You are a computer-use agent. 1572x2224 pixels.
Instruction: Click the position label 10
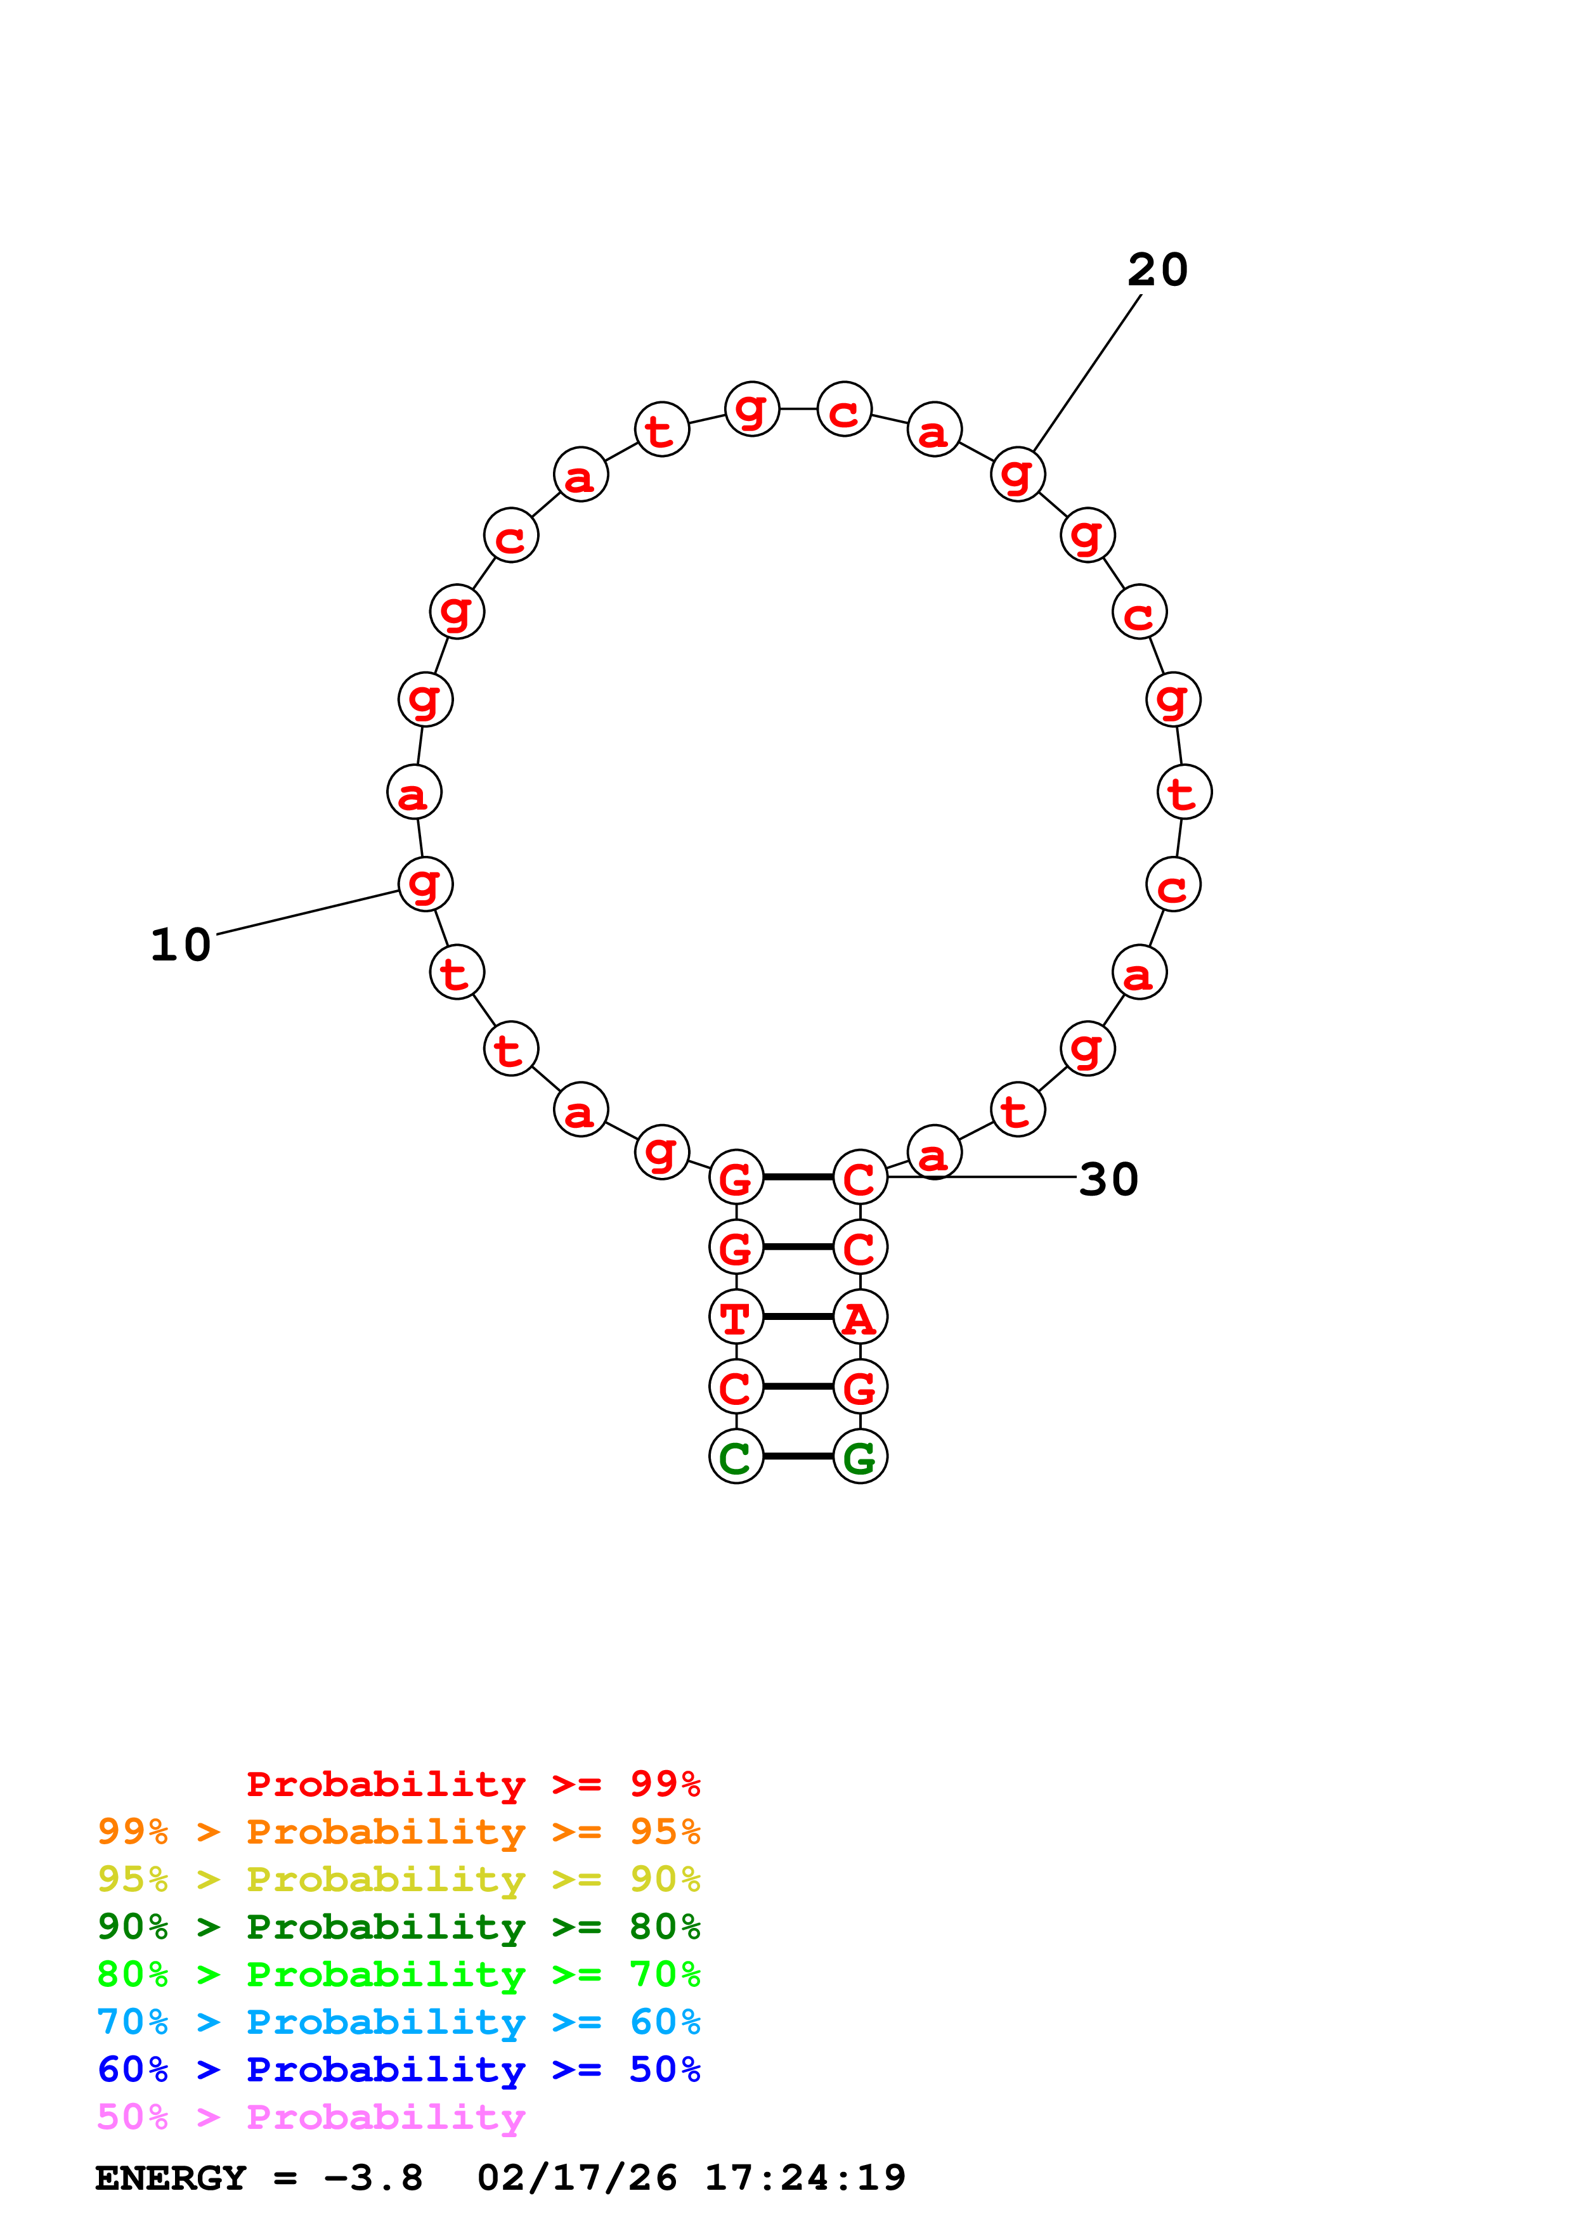tap(181, 945)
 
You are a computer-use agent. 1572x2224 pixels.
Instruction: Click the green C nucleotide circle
tap(736, 1457)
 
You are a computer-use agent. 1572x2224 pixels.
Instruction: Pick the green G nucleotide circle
tap(860, 1457)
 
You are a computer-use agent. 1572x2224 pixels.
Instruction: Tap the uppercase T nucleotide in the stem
tap(736, 1317)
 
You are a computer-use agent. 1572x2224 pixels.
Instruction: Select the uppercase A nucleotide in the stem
tap(860, 1317)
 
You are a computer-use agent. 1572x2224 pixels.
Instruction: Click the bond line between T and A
tap(798, 1317)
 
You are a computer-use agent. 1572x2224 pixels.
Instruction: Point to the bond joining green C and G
tap(798, 1457)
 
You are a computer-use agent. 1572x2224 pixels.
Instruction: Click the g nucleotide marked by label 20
tap(1018, 475)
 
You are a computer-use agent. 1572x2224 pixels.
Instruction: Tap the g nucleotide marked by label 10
tap(425, 883)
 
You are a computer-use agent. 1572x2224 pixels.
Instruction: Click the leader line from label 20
tap(1088, 373)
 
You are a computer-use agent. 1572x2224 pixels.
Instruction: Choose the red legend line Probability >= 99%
tap(472, 1784)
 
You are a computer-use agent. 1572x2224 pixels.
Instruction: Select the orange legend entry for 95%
tap(398, 1832)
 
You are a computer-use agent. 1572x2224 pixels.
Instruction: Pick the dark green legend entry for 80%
tap(398, 1927)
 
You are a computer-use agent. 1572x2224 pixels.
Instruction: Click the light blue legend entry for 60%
tap(398, 2022)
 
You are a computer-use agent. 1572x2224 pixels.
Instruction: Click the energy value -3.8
tap(373, 2178)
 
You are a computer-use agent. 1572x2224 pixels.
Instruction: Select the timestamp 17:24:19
tap(805, 2178)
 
